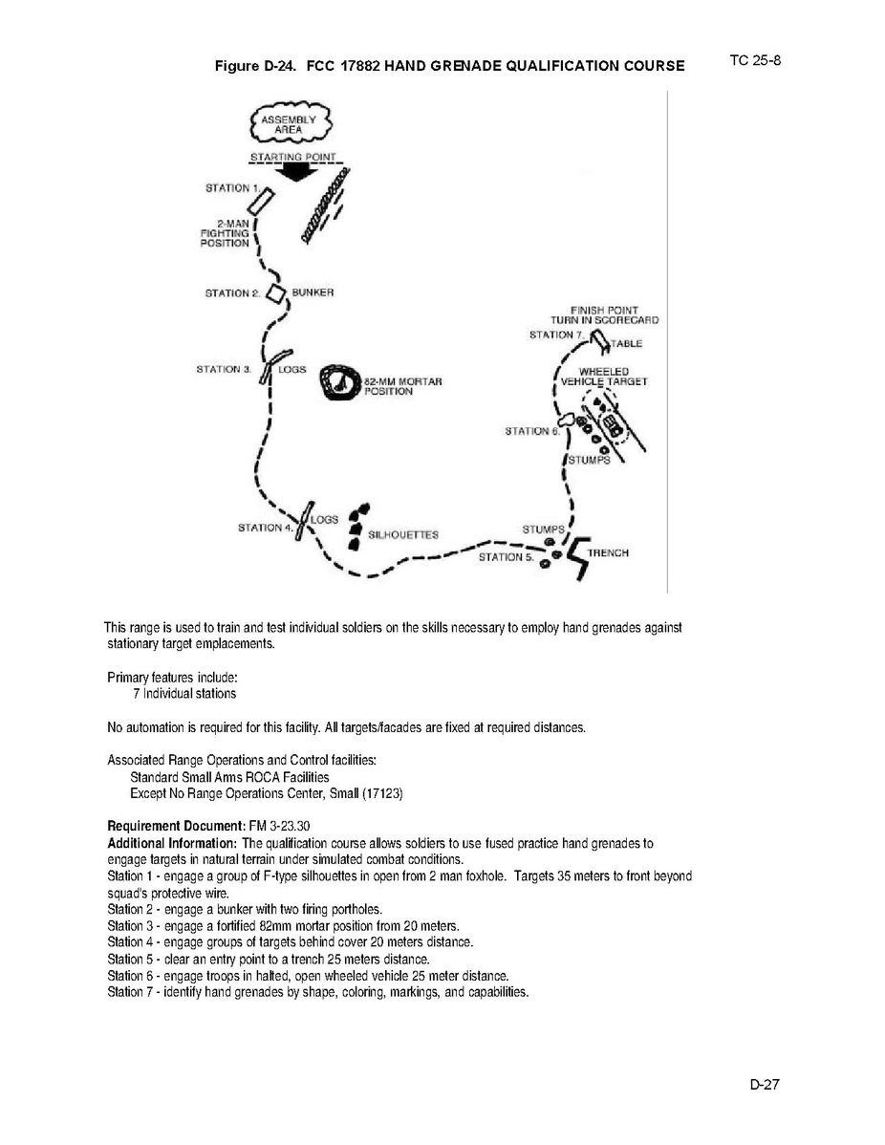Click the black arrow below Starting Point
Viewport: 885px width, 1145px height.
[x=295, y=170]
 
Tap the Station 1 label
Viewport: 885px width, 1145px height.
[x=230, y=188]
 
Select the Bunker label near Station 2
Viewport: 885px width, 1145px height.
[x=313, y=292]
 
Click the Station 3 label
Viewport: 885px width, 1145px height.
[x=223, y=369]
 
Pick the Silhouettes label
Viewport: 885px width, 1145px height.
[x=402, y=534]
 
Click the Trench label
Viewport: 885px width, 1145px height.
[x=608, y=553]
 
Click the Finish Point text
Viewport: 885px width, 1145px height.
[x=604, y=310]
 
